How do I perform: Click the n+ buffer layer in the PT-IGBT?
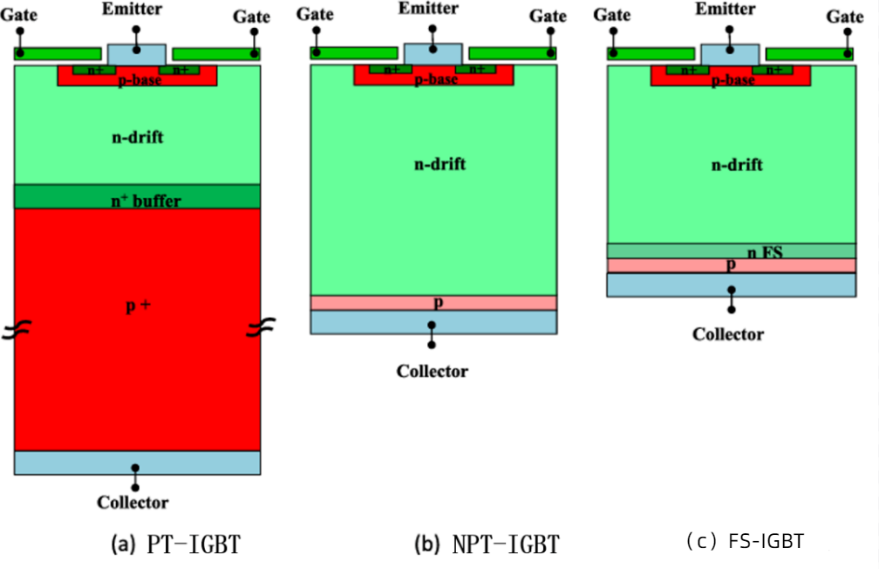pos(137,198)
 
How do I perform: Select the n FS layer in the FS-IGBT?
pos(731,251)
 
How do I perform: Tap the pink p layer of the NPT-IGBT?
pos(433,303)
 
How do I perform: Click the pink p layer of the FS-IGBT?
pos(731,265)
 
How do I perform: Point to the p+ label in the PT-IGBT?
pos(137,307)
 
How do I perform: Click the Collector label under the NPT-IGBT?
pos(433,372)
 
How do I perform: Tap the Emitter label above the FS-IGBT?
pos(729,9)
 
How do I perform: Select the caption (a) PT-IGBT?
pos(175,545)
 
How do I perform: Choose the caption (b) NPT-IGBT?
pos(486,545)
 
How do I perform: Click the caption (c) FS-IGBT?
pos(745,542)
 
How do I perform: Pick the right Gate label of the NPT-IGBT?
pos(549,16)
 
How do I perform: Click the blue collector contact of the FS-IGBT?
pos(731,285)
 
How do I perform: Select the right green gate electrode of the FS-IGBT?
pos(809,54)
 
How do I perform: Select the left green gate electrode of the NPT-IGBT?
pos(353,53)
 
